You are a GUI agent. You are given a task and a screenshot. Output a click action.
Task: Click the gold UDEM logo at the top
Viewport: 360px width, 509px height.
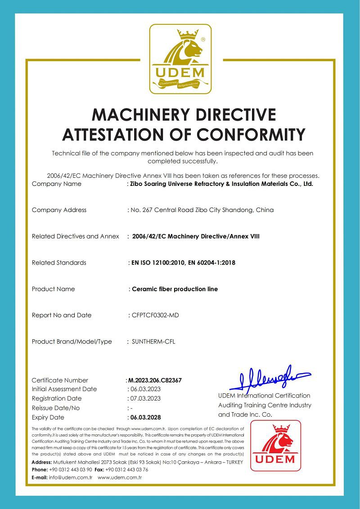pyautogui.click(x=180, y=59)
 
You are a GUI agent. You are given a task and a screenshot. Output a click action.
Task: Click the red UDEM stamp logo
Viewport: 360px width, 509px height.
pyautogui.click(x=275, y=446)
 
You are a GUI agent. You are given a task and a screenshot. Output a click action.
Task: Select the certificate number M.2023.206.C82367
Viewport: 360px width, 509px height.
pyautogui.click(x=155, y=380)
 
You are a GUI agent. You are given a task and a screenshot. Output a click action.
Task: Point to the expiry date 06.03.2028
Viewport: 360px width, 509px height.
pyautogui.click(x=145, y=417)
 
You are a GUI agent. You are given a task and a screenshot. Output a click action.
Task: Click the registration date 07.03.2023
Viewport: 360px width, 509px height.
pyautogui.click(x=145, y=398)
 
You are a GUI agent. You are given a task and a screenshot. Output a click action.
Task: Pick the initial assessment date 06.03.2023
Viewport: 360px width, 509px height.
pyautogui.click(x=145, y=389)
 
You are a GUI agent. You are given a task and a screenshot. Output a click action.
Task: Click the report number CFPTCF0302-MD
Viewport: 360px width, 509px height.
pyautogui.click(x=155, y=315)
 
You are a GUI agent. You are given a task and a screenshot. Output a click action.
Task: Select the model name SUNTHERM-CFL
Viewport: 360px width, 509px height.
pyautogui.click(x=153, y=342)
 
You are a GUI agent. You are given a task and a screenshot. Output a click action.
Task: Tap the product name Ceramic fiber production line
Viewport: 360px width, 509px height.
pyautogui.click(x=175, y=289)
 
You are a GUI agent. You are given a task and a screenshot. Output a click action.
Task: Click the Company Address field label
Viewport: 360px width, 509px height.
pyautogui.click(x=59, y=210)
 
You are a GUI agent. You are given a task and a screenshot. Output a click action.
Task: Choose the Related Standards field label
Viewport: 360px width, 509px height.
pyautogui.click(x=59, y=262)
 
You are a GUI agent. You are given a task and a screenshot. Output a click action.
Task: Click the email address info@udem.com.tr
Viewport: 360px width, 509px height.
pyautogui.click(x=71, y=477)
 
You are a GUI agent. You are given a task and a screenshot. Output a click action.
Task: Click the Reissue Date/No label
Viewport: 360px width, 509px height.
pyautogui.click(x=56, y=408)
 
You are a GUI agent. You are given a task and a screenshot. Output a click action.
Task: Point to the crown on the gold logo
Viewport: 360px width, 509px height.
pyautogui.click(x=188, y=34)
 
